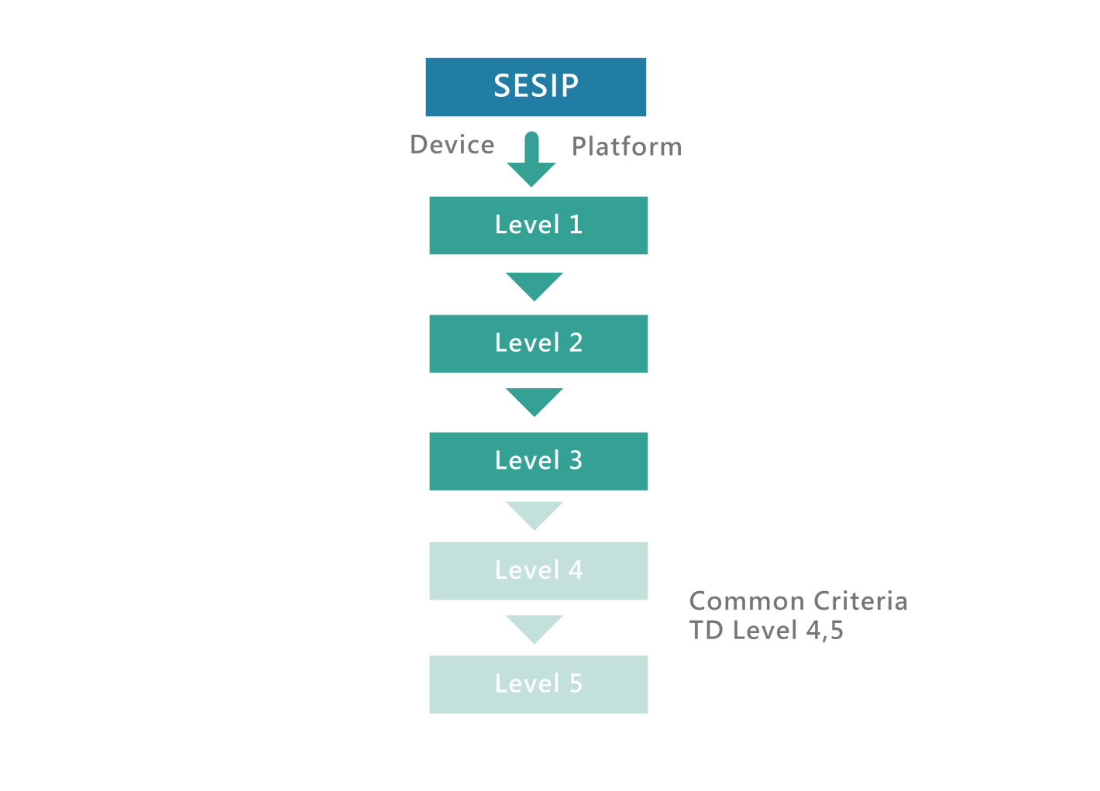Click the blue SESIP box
(x=535, y=87)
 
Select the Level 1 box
(x=538, y=225)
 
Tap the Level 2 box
(x=538, y=344)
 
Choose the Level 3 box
(x=538, y=461)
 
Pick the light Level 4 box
(x=538, y=571)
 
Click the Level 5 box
(x=538, y=684)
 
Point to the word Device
(x=452, y=145)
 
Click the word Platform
(x=627, y=147)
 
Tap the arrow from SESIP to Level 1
(x=531, y=163)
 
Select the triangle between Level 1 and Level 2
(x=535, y=284)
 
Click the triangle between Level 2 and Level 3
(x=535, y=399)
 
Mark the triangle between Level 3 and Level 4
(x=535, y=513)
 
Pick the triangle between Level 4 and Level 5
(x=535, y=627)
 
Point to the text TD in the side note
(x=706, y=631)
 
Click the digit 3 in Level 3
(x=576, y=461)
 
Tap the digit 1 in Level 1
(x=576, y=225)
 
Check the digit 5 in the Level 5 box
(x=576, y=684)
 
